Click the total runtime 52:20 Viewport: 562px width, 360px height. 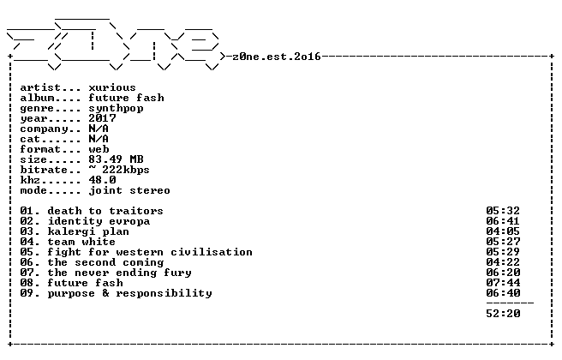503,314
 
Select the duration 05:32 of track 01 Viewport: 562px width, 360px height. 503,211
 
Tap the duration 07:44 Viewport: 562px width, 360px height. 503,283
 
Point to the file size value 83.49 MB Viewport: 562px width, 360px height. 117,159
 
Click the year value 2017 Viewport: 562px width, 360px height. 102,118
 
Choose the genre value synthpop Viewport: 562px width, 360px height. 117,108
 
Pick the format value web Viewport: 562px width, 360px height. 99,149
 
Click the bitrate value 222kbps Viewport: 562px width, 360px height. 125,170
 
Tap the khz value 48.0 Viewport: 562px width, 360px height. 102,180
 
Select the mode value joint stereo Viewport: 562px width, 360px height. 129,190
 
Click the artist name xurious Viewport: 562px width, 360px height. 112,87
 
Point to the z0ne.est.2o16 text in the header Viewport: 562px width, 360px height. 277,57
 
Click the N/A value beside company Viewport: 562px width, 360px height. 99,129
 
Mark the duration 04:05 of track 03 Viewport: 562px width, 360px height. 503,231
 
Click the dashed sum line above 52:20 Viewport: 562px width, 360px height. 510,303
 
